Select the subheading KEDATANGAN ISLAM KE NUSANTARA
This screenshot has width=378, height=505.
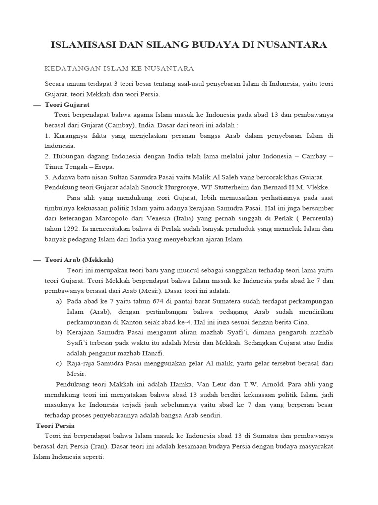click(x=120, y=68)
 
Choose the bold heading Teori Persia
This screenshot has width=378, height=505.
click(x=56, y=425)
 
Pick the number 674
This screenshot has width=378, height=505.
click(x=152, y=301)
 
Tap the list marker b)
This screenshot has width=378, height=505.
click(x=59, y=332)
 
